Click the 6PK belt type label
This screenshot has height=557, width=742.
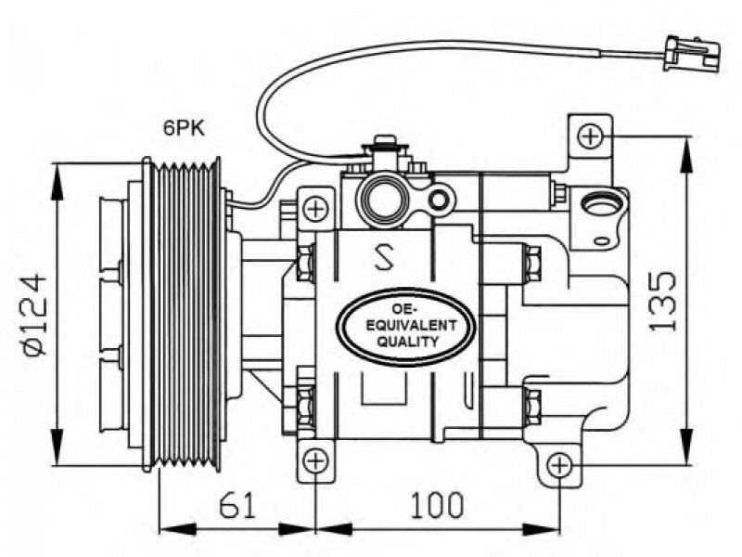click(185, 128)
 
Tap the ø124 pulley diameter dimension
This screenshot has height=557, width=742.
click(35, 314)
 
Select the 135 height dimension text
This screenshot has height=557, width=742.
click(662, 301)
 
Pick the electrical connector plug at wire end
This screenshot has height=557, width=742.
click(692, 54)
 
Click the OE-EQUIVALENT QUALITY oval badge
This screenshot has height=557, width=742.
click(405, 327)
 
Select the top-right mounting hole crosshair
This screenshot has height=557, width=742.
click(591, 136)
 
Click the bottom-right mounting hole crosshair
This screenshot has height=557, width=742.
click(560, 466)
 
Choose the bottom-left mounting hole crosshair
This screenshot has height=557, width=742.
click(315, 460)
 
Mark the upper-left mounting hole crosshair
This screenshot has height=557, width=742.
click(315, 208)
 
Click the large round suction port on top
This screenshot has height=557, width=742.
click(382, 199)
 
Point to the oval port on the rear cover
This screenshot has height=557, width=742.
click(602, 204)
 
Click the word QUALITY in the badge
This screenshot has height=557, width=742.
click(407, 342)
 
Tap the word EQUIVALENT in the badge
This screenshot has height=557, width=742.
click(406, 326)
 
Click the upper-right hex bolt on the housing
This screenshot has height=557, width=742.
click(532, 266)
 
